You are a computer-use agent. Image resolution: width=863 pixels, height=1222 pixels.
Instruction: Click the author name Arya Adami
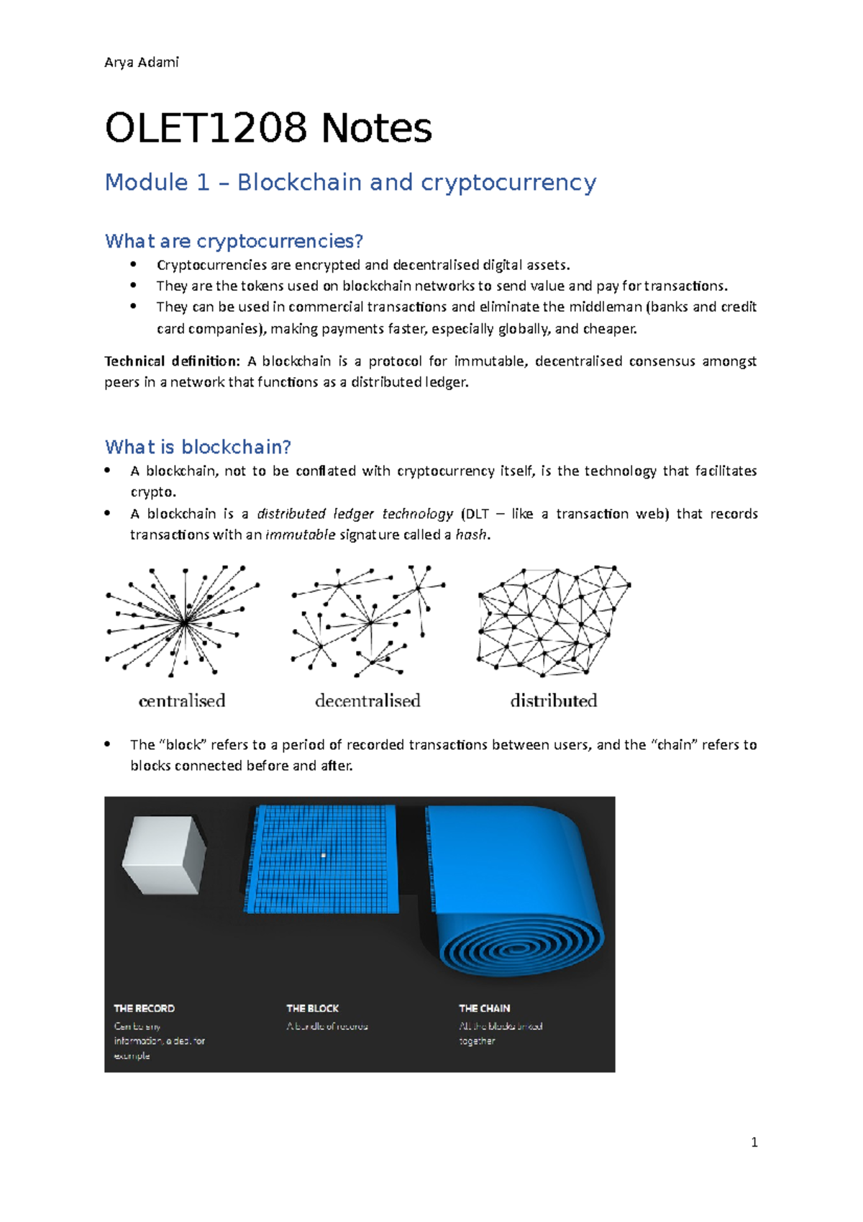(x=142, y=63)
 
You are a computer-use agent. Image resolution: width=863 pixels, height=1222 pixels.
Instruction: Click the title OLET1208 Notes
(x=268, y=128)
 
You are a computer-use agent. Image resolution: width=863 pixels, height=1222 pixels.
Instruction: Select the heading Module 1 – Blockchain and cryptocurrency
(x=350, y=182)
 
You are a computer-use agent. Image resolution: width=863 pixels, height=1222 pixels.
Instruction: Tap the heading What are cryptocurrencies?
(x=234, y=241)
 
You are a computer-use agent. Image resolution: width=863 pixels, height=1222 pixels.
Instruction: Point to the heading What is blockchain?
(x=198, y=447)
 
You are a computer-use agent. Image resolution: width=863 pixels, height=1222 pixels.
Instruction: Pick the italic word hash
(x=472, y=535)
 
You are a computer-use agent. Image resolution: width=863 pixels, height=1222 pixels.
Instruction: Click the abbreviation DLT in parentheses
(x=477, y=514)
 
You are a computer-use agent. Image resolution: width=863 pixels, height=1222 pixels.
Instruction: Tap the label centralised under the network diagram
(x=182, y=700)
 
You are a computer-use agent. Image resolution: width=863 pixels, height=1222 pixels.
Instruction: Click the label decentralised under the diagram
(x=367, y=700)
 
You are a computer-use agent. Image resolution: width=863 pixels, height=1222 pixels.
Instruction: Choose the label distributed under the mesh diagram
(x=554, y=700)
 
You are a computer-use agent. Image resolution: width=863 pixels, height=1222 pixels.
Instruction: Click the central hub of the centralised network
(x=185, y=622)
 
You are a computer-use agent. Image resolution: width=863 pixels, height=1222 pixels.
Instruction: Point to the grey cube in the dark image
(x=164, y=855)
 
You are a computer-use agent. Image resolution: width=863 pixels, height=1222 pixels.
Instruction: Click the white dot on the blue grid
(x=324, y=855)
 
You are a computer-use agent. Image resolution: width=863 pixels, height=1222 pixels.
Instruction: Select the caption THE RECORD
(x=144, y=1008)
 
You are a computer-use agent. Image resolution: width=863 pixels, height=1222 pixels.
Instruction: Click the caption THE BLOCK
(x=312, y=1008)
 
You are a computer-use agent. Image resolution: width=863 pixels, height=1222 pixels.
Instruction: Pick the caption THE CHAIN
(x=485, y=1008)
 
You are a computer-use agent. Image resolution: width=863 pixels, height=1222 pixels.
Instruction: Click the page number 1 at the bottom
(x=754, y=1142)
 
